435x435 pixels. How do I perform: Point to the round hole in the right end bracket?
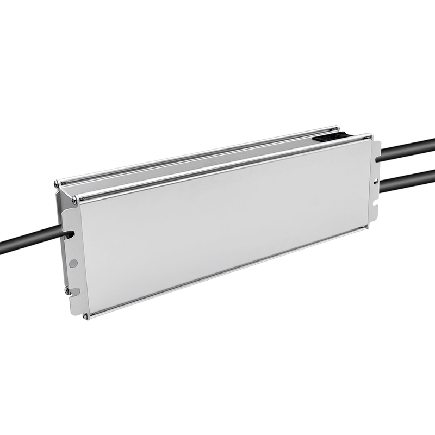pyautogui.click(x=376, y=180)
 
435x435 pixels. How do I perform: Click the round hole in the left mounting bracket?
pyautogui.click(x=73, y=263)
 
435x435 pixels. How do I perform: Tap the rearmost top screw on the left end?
pyautogui.click(x=57, y=184)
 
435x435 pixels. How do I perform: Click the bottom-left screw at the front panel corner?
pyautogui.click(x=85, y=315)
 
